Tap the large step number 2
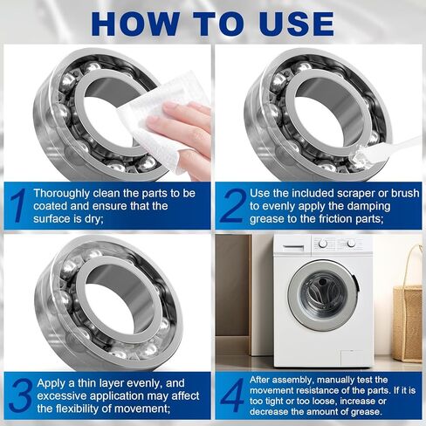(x=230, y=205)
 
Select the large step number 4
(x=231, y=395)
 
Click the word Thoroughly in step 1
(x=65, y=192)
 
